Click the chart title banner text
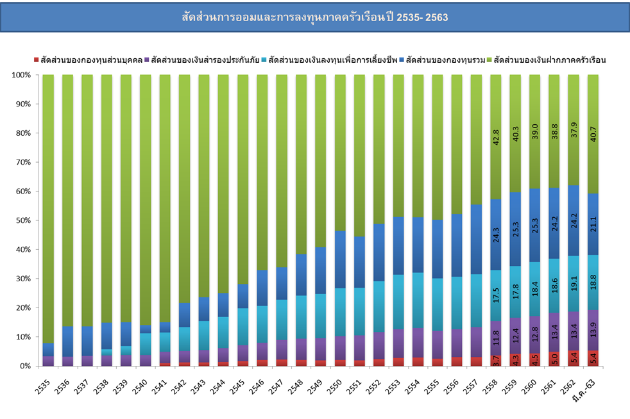click(314, 17)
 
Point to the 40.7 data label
click(593, 138)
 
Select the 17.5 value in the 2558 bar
click(495, 284)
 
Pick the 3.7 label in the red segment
click(495, 361)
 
